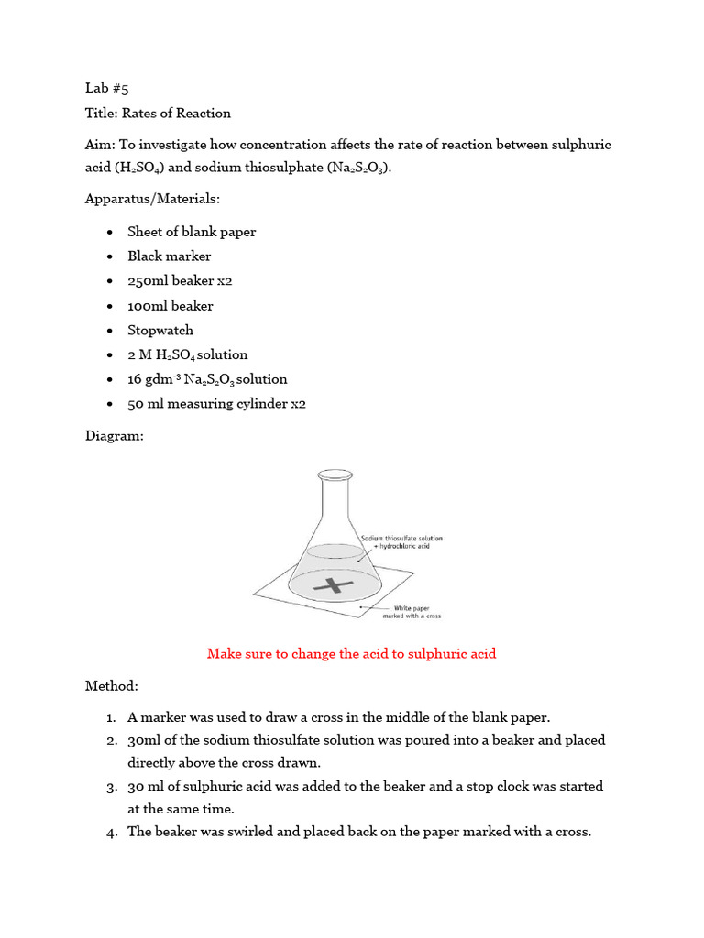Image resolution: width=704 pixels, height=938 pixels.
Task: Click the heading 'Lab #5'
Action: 107,89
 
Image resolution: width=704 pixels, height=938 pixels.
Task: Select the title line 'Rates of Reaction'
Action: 177,114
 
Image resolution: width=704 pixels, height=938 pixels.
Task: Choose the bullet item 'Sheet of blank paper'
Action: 192,232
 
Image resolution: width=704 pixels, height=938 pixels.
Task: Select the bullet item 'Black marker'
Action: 170,256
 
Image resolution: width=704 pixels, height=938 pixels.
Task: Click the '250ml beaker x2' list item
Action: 180,281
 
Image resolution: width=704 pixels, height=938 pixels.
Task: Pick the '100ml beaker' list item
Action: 170,306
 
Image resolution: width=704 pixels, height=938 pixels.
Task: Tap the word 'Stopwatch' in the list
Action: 160,330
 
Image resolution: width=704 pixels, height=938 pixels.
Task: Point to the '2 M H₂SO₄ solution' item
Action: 188,355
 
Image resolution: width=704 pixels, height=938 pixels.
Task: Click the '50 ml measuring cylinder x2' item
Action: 216,404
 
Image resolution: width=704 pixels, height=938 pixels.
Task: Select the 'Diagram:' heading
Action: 115,436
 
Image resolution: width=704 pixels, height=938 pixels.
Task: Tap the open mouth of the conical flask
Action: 335,475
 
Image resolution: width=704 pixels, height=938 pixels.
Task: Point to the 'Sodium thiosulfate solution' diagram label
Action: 401,540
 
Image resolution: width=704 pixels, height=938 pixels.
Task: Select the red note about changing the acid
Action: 351,654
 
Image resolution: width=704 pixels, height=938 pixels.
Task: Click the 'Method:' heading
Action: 112,685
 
